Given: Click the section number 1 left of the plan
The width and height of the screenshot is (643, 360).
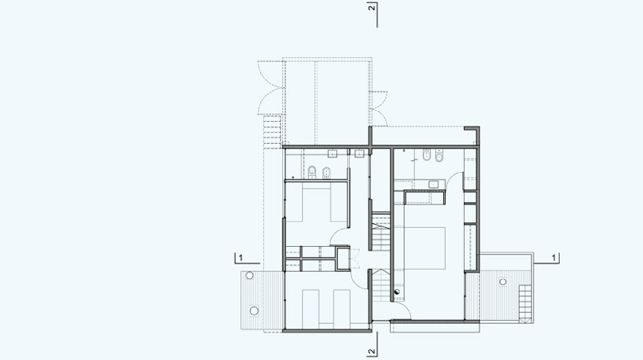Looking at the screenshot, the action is click(x=241, y=258).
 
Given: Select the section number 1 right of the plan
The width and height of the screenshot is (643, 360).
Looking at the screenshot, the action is click(x=553, y=258).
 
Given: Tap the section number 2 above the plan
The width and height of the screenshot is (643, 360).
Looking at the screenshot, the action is click(x=372, y=8).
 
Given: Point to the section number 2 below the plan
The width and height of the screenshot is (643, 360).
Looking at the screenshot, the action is click(x=372, y=351).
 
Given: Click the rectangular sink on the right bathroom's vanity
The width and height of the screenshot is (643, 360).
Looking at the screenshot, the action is click(x=433, y=185).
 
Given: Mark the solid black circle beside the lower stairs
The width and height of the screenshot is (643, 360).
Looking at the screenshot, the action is click(x=397, y=292).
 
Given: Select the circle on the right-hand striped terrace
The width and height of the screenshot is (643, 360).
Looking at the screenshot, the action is click(x=503, y=281).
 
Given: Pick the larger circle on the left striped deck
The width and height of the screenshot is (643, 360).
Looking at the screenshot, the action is click(x=254, y=310).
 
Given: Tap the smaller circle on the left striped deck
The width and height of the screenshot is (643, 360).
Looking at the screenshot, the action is click(x=249, y=276).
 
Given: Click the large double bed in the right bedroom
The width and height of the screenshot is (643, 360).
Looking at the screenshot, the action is click(x=424, y=248).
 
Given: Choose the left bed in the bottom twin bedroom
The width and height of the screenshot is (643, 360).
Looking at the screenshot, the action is click(x=310, y=309).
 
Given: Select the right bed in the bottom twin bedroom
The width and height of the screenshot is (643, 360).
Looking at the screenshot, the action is click(x=342, y=309).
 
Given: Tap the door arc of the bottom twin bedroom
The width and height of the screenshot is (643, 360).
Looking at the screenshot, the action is click(x=355, y=283).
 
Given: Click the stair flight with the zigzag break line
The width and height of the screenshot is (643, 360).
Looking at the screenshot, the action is click(x=381, y=231).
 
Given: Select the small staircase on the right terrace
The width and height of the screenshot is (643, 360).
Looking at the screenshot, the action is click(x=525, y=300).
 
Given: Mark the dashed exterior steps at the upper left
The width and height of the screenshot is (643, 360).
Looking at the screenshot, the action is click(x=272, y=132).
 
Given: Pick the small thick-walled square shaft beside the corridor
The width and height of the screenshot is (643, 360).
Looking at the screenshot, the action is click(x=343, y=259).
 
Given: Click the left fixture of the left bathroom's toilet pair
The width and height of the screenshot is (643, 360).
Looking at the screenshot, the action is click(x=312, y=172).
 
